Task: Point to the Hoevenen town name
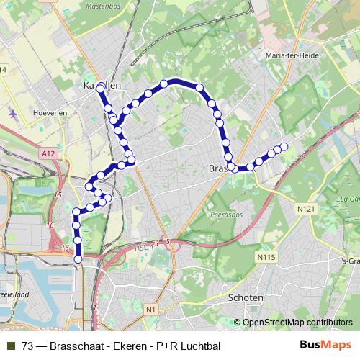click(49, 113)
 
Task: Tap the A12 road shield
click(48, 153)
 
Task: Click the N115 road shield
click(265, 255)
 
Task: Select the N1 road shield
click(150, 310)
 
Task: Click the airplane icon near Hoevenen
click(14, 113)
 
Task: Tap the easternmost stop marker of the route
click(284, 147)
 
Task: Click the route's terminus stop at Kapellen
click(101, 84)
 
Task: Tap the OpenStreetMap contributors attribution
click(297, 322)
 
